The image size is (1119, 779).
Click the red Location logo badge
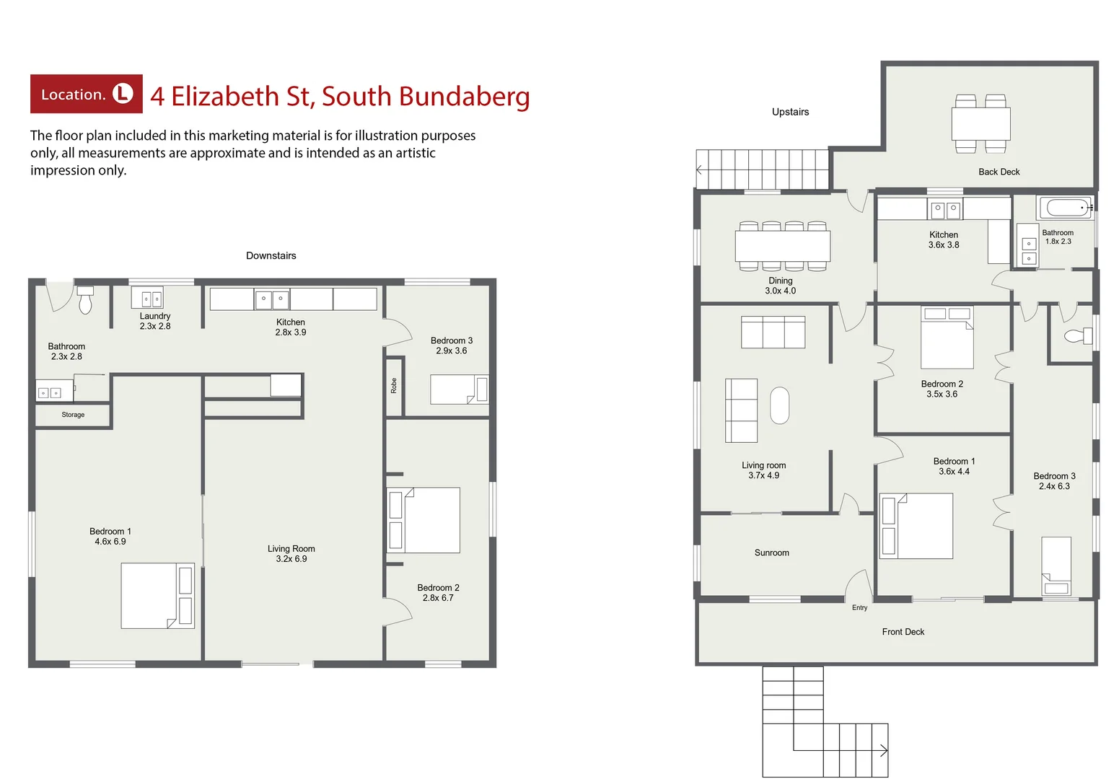pos(86,94)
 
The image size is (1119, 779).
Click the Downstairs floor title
pos(271,255)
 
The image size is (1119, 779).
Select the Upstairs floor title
pos(790,112)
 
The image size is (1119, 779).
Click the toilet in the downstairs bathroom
pos(85,300)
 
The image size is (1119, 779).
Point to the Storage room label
pos(73,415)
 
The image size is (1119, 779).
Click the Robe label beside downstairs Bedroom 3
pos(394,386)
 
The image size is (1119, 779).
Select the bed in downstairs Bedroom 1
pos(157,596)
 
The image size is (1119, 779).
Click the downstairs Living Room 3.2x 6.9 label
pos(291,553)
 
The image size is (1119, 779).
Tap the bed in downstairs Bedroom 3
pos(459,389)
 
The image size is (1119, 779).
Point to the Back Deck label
pos(999,172)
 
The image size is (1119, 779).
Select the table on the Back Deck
pos(980,124)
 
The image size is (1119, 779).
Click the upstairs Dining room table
pos(783,246)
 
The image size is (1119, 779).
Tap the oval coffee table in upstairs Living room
pos(779,405)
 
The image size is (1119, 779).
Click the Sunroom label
pos(771,553)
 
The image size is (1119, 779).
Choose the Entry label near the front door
pos(859,607)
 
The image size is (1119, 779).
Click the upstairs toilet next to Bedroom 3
pos(1079,335)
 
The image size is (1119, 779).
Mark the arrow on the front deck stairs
pos(882,750)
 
